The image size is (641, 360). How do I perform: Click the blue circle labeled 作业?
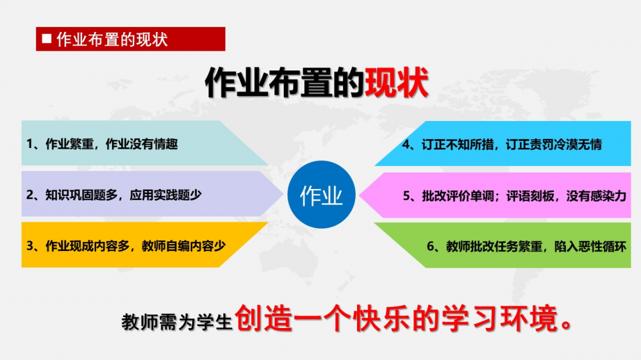point(321,195)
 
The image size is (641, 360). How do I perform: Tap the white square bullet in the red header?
point(47,38)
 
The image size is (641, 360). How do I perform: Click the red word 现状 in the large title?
point(396,83)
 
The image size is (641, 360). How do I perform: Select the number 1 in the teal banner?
point(29,144)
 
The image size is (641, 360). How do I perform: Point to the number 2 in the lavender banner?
point(29,195)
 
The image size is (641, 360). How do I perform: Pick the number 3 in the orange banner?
point(29,246)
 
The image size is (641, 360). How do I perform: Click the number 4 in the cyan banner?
point(406,144)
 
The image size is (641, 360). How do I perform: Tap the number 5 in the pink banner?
point(406,196)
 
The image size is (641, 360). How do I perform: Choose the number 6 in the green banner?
point(430,247)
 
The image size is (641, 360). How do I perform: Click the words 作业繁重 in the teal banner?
point(69,144)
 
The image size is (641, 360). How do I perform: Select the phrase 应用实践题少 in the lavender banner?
point(165,195)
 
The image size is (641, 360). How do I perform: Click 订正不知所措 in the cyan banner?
point(458,144)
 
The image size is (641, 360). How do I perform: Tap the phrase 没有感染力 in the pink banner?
point(596,196)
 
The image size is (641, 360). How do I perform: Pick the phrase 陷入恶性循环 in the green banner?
point(590,247)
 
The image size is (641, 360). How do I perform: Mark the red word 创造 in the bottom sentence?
point(263,318)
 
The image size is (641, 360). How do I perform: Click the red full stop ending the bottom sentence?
point(567,325)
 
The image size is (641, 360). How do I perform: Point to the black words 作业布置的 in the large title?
point(285,83)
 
